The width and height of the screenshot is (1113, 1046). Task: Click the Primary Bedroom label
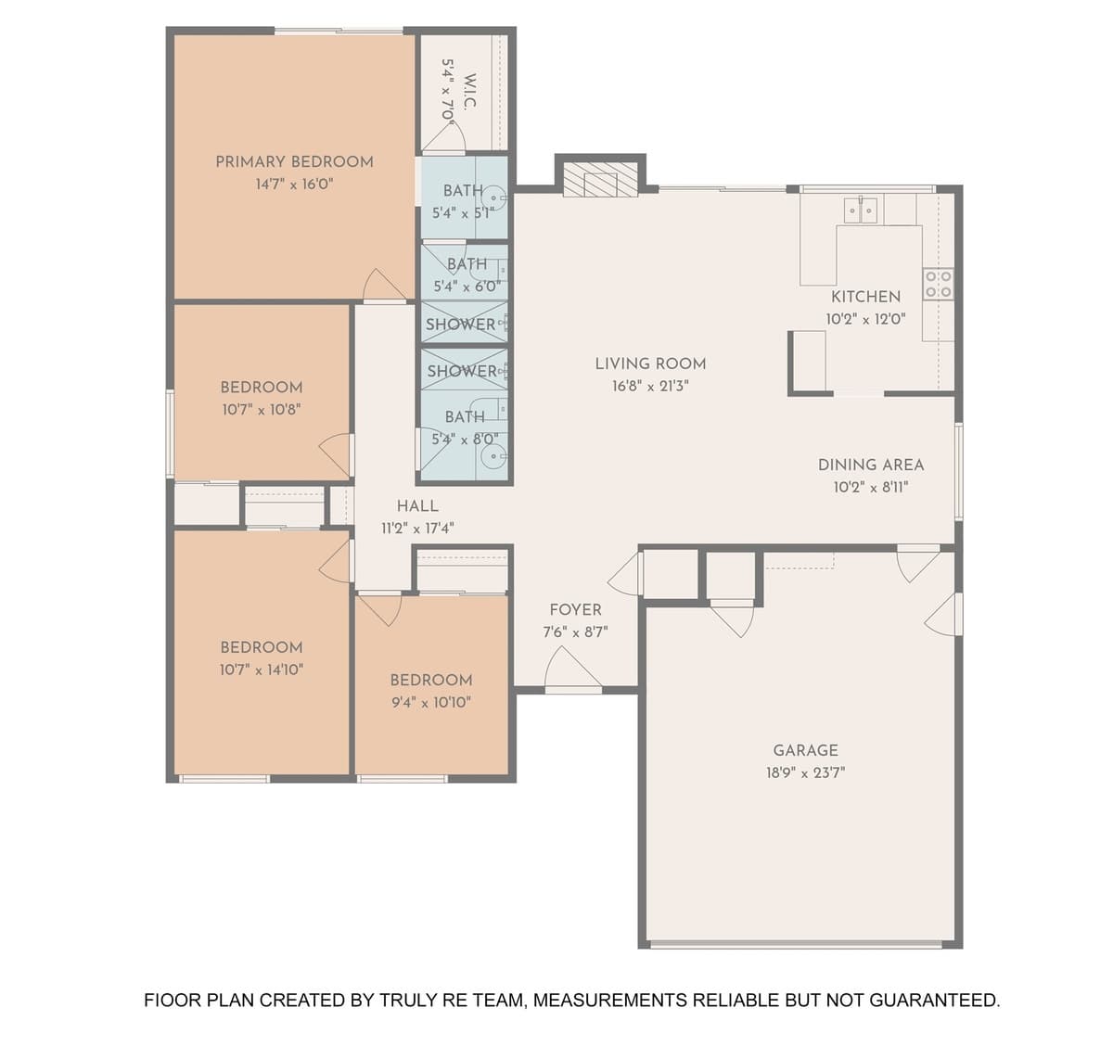coord(294,161)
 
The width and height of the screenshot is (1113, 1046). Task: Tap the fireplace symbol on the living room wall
coord(601,180)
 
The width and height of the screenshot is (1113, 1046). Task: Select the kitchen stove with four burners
coord(938,284)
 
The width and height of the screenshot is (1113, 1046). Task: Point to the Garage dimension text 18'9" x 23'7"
coord(805,772)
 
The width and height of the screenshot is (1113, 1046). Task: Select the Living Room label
coord(650,364)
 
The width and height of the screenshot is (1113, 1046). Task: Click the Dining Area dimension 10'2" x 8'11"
coord(870,487)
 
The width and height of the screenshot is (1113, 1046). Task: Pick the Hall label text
coord(417,505)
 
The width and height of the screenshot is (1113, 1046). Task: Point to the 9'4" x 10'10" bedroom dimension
coord(430,702)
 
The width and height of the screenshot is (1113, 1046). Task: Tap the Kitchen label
coord(865,297)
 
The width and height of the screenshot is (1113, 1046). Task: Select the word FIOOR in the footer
coord(173,1001)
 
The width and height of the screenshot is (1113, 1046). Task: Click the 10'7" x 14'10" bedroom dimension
coord(261,670)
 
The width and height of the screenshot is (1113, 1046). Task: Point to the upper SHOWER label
coord(460,325)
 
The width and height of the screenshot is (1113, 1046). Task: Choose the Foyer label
coord(575,609)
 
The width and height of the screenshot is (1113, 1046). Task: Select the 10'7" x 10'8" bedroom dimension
coord(261,409)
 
